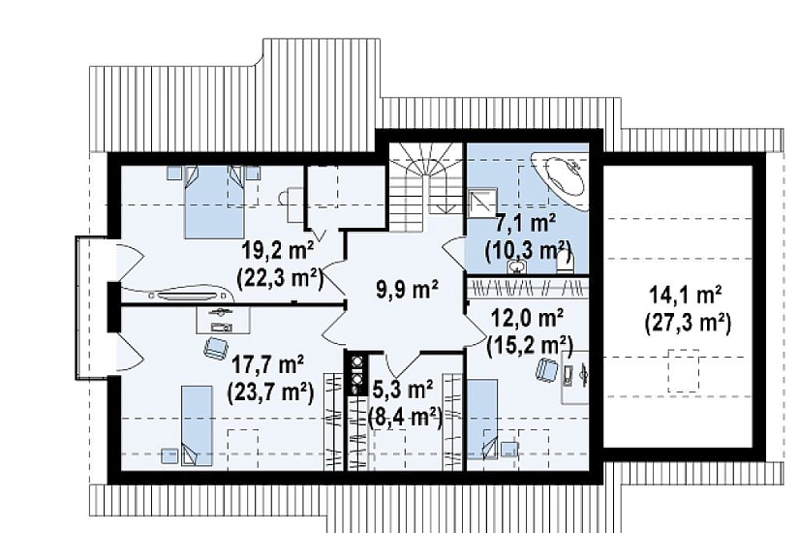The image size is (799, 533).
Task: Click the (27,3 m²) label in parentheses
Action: pyautogui.click(x=688, y=324)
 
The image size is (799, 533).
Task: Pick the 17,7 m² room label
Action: pyautogui.click(x=268, y=365)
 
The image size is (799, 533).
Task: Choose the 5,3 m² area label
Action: pyautogui.click(x=403, y=392)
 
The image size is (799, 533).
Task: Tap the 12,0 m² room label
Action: pyautogui.click(x=527, y=319)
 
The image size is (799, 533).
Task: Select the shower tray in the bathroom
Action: pyautogui.click(x=482, y=204)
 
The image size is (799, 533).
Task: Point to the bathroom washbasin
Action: pyautogui.click(x=517, y=266)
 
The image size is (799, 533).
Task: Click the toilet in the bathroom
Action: pyautogui.click(x=564, y=264)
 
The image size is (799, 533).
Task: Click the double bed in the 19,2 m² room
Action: pyautogui.click(x=214, y=203)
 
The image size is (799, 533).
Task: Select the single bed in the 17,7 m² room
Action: pyautogui.click(x=197, y=425)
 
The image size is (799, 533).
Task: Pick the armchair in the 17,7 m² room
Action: pyautogui.click(x=216, y=348)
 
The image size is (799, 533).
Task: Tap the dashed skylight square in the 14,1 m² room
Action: pyautogui.click(x=684, y=370)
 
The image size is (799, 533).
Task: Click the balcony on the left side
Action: pyautogui.click(x=92, y=307)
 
